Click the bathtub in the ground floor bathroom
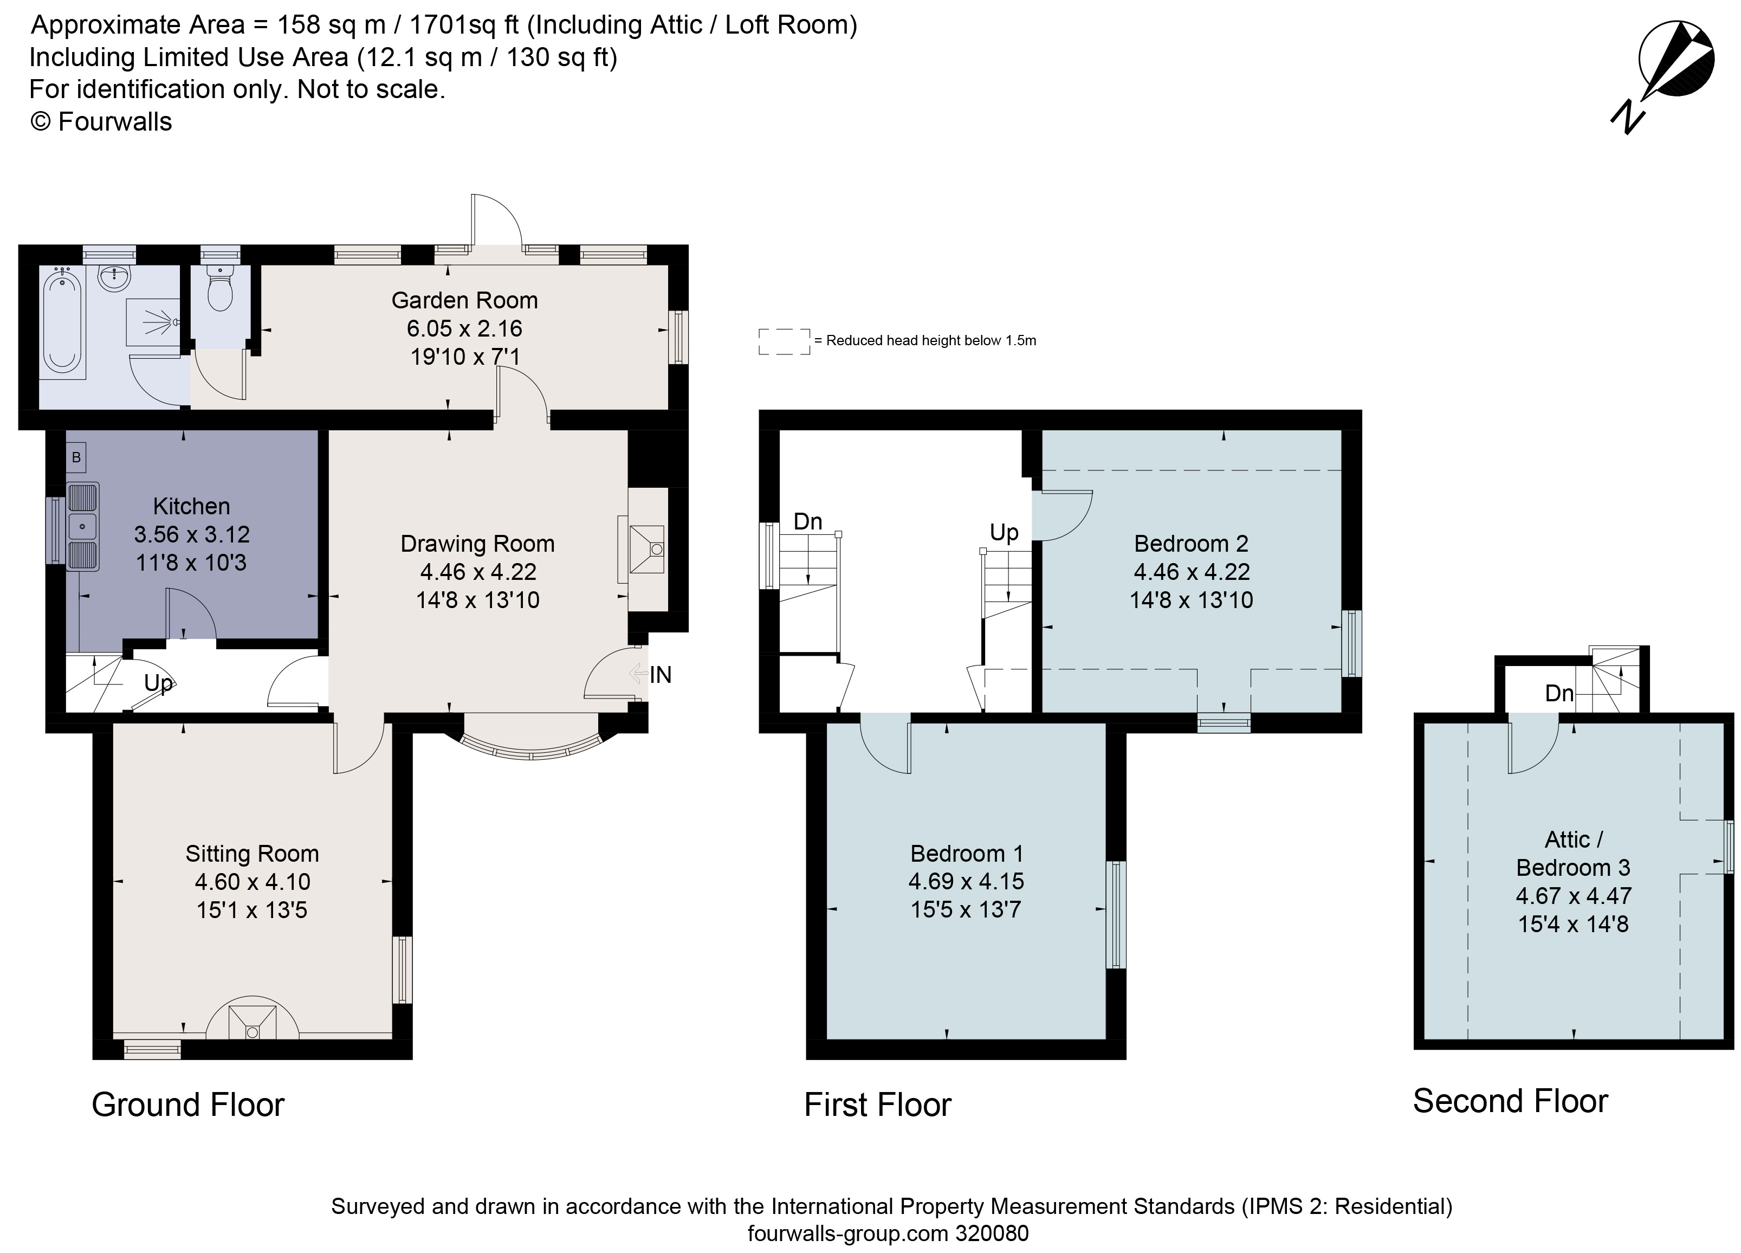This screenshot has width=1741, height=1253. click(x=61, y=326)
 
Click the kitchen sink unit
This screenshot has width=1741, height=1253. click(x=82, y=527)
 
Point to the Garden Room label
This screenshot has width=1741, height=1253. click(x=464, y=300)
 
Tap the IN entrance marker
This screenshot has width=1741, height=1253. click(x=659, y=675)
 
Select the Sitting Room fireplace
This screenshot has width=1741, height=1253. click(x=253, y=1019)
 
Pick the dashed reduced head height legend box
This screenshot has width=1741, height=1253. click(x=784, y=341)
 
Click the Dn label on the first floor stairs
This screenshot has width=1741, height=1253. click(x=807, y=522)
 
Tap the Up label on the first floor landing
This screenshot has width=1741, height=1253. click(x=1004, y=532)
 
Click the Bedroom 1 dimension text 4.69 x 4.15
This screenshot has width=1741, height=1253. click(x=966, y=881)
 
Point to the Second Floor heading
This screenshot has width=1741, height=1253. click(x=1510, y=1102)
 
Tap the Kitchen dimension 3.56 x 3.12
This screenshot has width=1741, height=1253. click(x=192, y=534)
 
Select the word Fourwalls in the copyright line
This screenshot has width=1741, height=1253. click(x=115, y=122)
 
